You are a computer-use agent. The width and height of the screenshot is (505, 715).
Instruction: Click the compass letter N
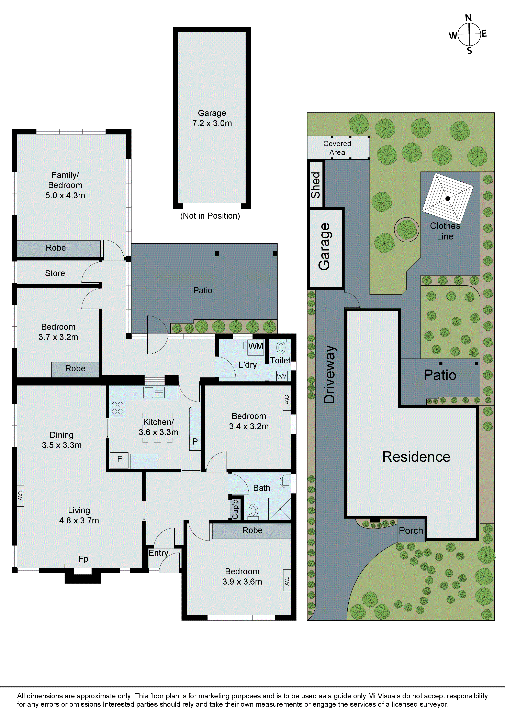tap(468, 18)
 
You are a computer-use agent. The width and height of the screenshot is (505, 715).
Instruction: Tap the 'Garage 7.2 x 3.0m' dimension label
tap(212, 118)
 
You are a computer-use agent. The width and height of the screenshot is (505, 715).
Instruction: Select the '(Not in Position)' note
tap(210, 216)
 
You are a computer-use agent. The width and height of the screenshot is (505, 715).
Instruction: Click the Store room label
tap(55, 273)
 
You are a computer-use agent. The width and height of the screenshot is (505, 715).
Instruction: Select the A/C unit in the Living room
tap(21, 495)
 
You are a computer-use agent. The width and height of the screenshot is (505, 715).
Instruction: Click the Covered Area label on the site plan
tap(337, 148)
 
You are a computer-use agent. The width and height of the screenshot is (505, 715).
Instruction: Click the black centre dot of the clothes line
tap(447, 198)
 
